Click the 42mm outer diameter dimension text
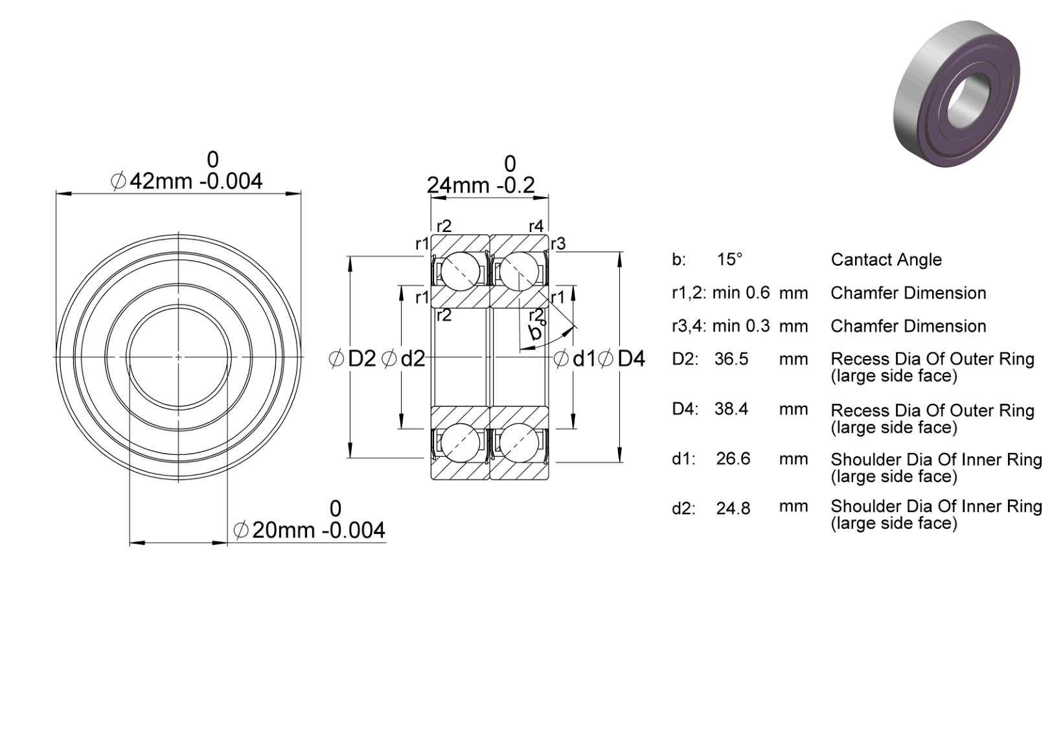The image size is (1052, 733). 187,181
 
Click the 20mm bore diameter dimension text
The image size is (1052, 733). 309,530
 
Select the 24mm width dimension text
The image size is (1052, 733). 481,185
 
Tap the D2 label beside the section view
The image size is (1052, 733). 352,359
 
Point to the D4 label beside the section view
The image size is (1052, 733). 622,359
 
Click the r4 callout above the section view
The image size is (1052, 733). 536,226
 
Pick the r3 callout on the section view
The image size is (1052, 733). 558,244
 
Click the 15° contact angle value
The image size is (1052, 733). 729,259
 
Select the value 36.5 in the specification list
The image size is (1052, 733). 731,359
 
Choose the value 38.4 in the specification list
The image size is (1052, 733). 731,409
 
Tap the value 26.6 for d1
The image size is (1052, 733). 733,459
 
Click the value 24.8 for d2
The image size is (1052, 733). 733,508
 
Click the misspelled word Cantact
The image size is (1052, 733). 857,259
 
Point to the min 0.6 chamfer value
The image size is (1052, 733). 741,293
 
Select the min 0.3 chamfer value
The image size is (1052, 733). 741,326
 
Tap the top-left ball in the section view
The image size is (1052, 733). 460,272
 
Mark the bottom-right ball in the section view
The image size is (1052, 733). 519,443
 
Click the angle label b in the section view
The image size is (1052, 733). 534,332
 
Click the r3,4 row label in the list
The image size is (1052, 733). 689,326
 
